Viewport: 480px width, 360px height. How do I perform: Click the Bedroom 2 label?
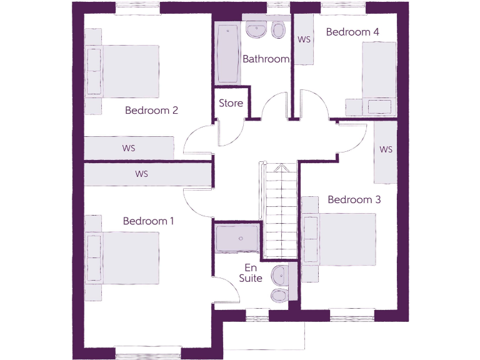tap(151, 111)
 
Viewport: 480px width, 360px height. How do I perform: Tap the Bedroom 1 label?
tap(148, 221)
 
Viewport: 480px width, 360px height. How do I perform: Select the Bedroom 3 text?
tap(354, 200)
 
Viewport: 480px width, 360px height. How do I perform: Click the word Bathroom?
tap(266, 59)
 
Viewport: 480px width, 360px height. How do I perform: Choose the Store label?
tap(231, 103)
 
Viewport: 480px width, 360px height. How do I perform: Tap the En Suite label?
tap(251, 273)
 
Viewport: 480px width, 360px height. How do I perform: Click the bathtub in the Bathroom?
tap(227, 54)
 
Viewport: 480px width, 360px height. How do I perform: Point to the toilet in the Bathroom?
tap(279, 29)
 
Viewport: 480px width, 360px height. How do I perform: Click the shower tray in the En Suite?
tap(236, 239)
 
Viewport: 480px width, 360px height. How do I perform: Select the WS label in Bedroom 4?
tap(304, 39)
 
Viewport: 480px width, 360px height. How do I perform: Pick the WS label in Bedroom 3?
tap(386, 150)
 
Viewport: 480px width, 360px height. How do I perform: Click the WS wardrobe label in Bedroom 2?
tap(129, 148)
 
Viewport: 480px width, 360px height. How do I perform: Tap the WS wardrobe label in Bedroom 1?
tap(141, 174)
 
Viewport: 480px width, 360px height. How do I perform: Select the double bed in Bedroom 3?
tap(341, 240)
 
